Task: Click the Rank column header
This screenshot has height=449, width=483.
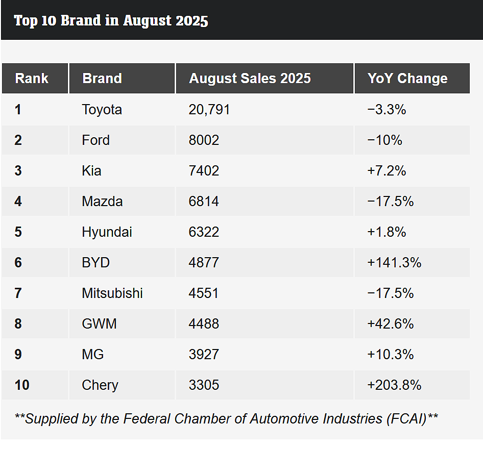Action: [x=32, y=79]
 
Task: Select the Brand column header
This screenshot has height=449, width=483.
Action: [x=102, y=79]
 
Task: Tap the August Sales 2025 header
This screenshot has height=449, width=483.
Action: [x=250, y=79]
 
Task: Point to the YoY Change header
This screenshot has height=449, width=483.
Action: [x=407, y=79]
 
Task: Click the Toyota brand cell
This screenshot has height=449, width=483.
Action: [x=102, y=110]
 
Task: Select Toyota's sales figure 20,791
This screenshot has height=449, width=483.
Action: [x=209, y=110]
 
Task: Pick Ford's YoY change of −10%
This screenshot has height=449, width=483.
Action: [x=385, y=140]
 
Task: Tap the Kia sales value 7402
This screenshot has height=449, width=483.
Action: [x=204, y=171]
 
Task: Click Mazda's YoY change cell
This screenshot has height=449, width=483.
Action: [x=390, y=202]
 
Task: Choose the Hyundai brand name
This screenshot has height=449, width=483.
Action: [x=107, y=232]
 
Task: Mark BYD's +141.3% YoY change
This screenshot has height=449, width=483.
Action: [x=394, y=263]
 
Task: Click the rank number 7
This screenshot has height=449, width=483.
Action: [x=18, y=293]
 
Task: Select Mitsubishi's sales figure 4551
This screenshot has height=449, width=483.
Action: [x=204, y=293]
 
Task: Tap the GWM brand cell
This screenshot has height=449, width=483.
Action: [x=99, y=324]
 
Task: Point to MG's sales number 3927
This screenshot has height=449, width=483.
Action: [x=204, y=355]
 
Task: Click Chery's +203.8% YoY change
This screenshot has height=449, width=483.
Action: [x=394, y=385]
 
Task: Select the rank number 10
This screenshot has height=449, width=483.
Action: [x=22, y=385]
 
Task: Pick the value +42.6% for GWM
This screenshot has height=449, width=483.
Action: [x=390, y=324]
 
